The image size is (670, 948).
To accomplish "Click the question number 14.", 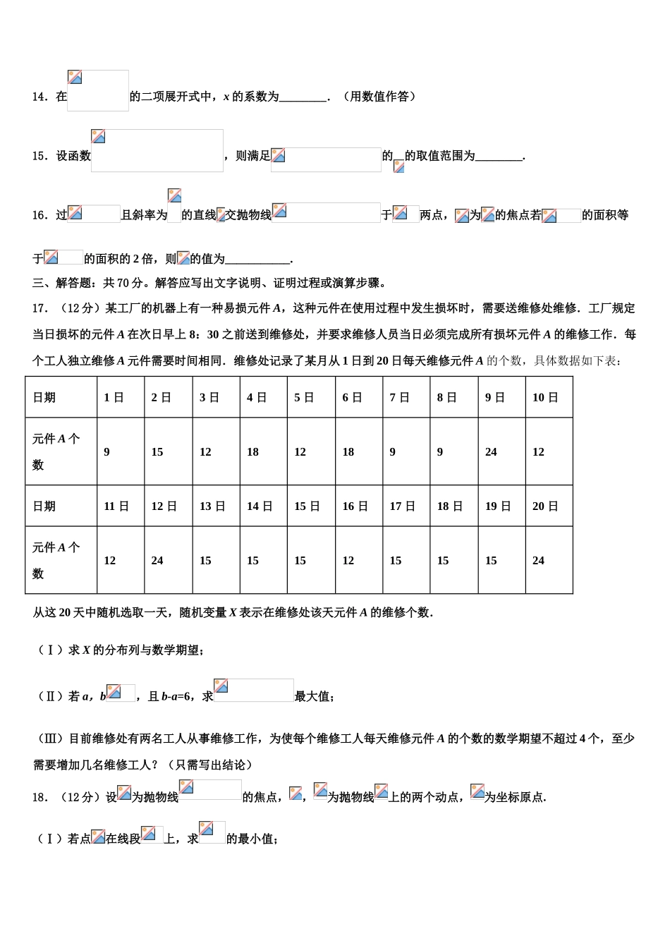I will coord(39,97).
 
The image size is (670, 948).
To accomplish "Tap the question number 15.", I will coord(39,156).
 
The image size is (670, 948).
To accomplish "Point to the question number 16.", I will coord(39,215).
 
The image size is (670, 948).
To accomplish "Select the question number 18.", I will coord(39,797).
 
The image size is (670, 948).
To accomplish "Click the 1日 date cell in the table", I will coord(114,398).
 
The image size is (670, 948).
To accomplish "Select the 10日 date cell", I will coord(544,398).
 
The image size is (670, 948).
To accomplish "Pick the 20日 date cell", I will coord(544,506).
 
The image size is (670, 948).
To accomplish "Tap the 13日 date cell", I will coord(212,506).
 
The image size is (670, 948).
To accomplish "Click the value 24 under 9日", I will coord(491,452).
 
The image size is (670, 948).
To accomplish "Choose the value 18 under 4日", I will coord(252,452).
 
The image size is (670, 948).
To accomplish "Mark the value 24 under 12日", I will coord(157,561).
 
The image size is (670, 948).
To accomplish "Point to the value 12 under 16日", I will coord(348,561).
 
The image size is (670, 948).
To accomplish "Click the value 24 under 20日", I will coord(538,561).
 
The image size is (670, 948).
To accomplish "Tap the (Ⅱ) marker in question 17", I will coord(50,697).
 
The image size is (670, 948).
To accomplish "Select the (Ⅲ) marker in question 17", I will coord(50,739).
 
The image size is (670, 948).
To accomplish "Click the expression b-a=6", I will coord(176,697).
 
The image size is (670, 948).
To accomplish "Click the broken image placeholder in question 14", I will coord(98,90).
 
